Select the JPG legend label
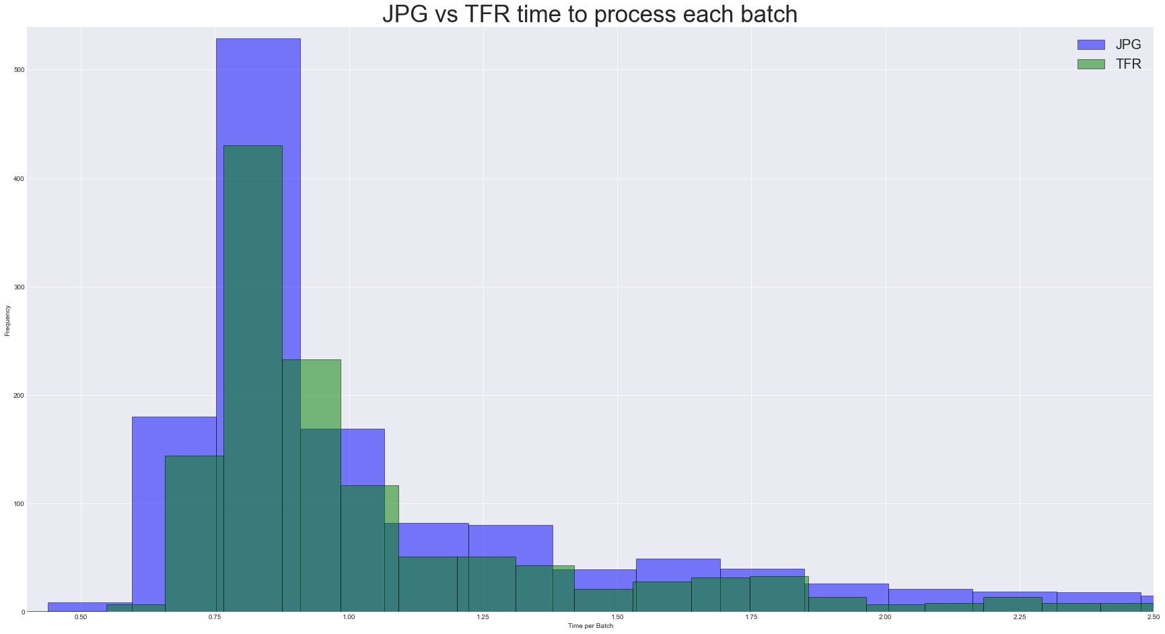[1128, 45]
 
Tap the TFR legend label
[1128, 65]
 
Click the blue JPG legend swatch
[1090, 45]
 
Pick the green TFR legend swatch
[1090, 65]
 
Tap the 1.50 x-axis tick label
[617, 617]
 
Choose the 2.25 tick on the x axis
[1020, 617]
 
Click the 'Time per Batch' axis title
[590, 626]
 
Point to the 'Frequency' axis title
[7, 320]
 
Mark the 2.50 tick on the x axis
[1153, 617]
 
